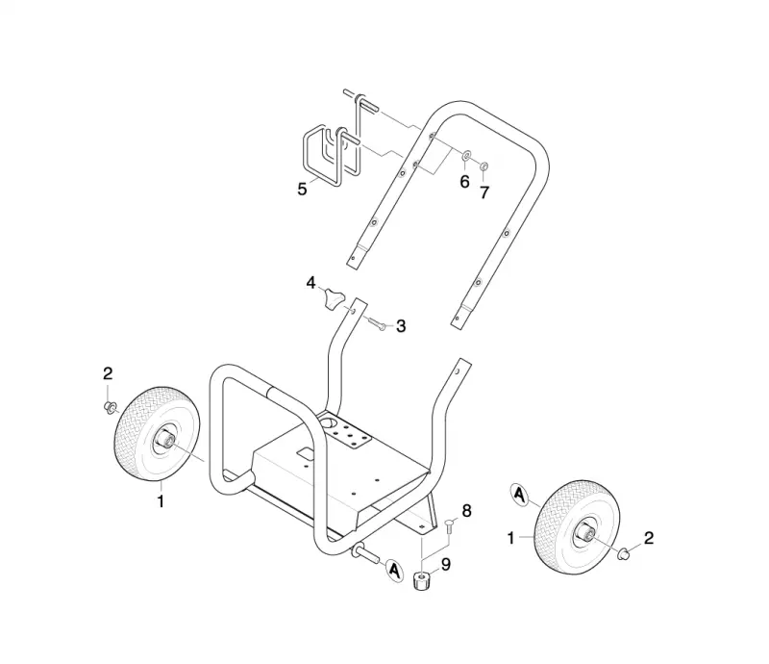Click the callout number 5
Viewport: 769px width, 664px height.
pyautogui.click(x=302, y=189)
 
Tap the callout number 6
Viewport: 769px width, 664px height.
pyautogui.click(x=464, y=182)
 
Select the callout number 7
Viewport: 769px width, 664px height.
pyautogui.click(x=484, y=192)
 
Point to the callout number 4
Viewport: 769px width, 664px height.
pyautogui.click(x=310, y=283)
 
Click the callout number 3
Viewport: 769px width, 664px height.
pyautogui.click(x=401, y=325)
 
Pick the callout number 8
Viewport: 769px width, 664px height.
pyautogui.click(x=466, y=511)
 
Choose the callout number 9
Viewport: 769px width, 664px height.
pyautogui.click(x=446, y=565)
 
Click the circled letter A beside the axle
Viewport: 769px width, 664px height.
pyautogui.click(x=394, y=571)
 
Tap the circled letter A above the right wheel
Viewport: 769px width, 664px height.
pyautogui.click(x=519, y=494)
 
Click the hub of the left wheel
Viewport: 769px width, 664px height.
pyautogui.click(x=163, y=438)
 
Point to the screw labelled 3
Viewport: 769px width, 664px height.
pyautogui.click(x=376, y=324)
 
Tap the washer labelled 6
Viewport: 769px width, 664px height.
pyautogui.click(x=465, y=156)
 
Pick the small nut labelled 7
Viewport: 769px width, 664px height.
pyautogui.click(x=484, y=166)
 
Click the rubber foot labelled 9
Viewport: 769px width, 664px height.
pyautogui.click(x=421, y=581)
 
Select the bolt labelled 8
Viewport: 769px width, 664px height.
pyautogui.click(x=448, y=529)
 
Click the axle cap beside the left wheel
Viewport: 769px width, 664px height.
pyautogui.click(x=110, y=407)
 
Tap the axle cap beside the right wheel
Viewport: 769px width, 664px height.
pyautogui.click(x=623, y=554)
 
